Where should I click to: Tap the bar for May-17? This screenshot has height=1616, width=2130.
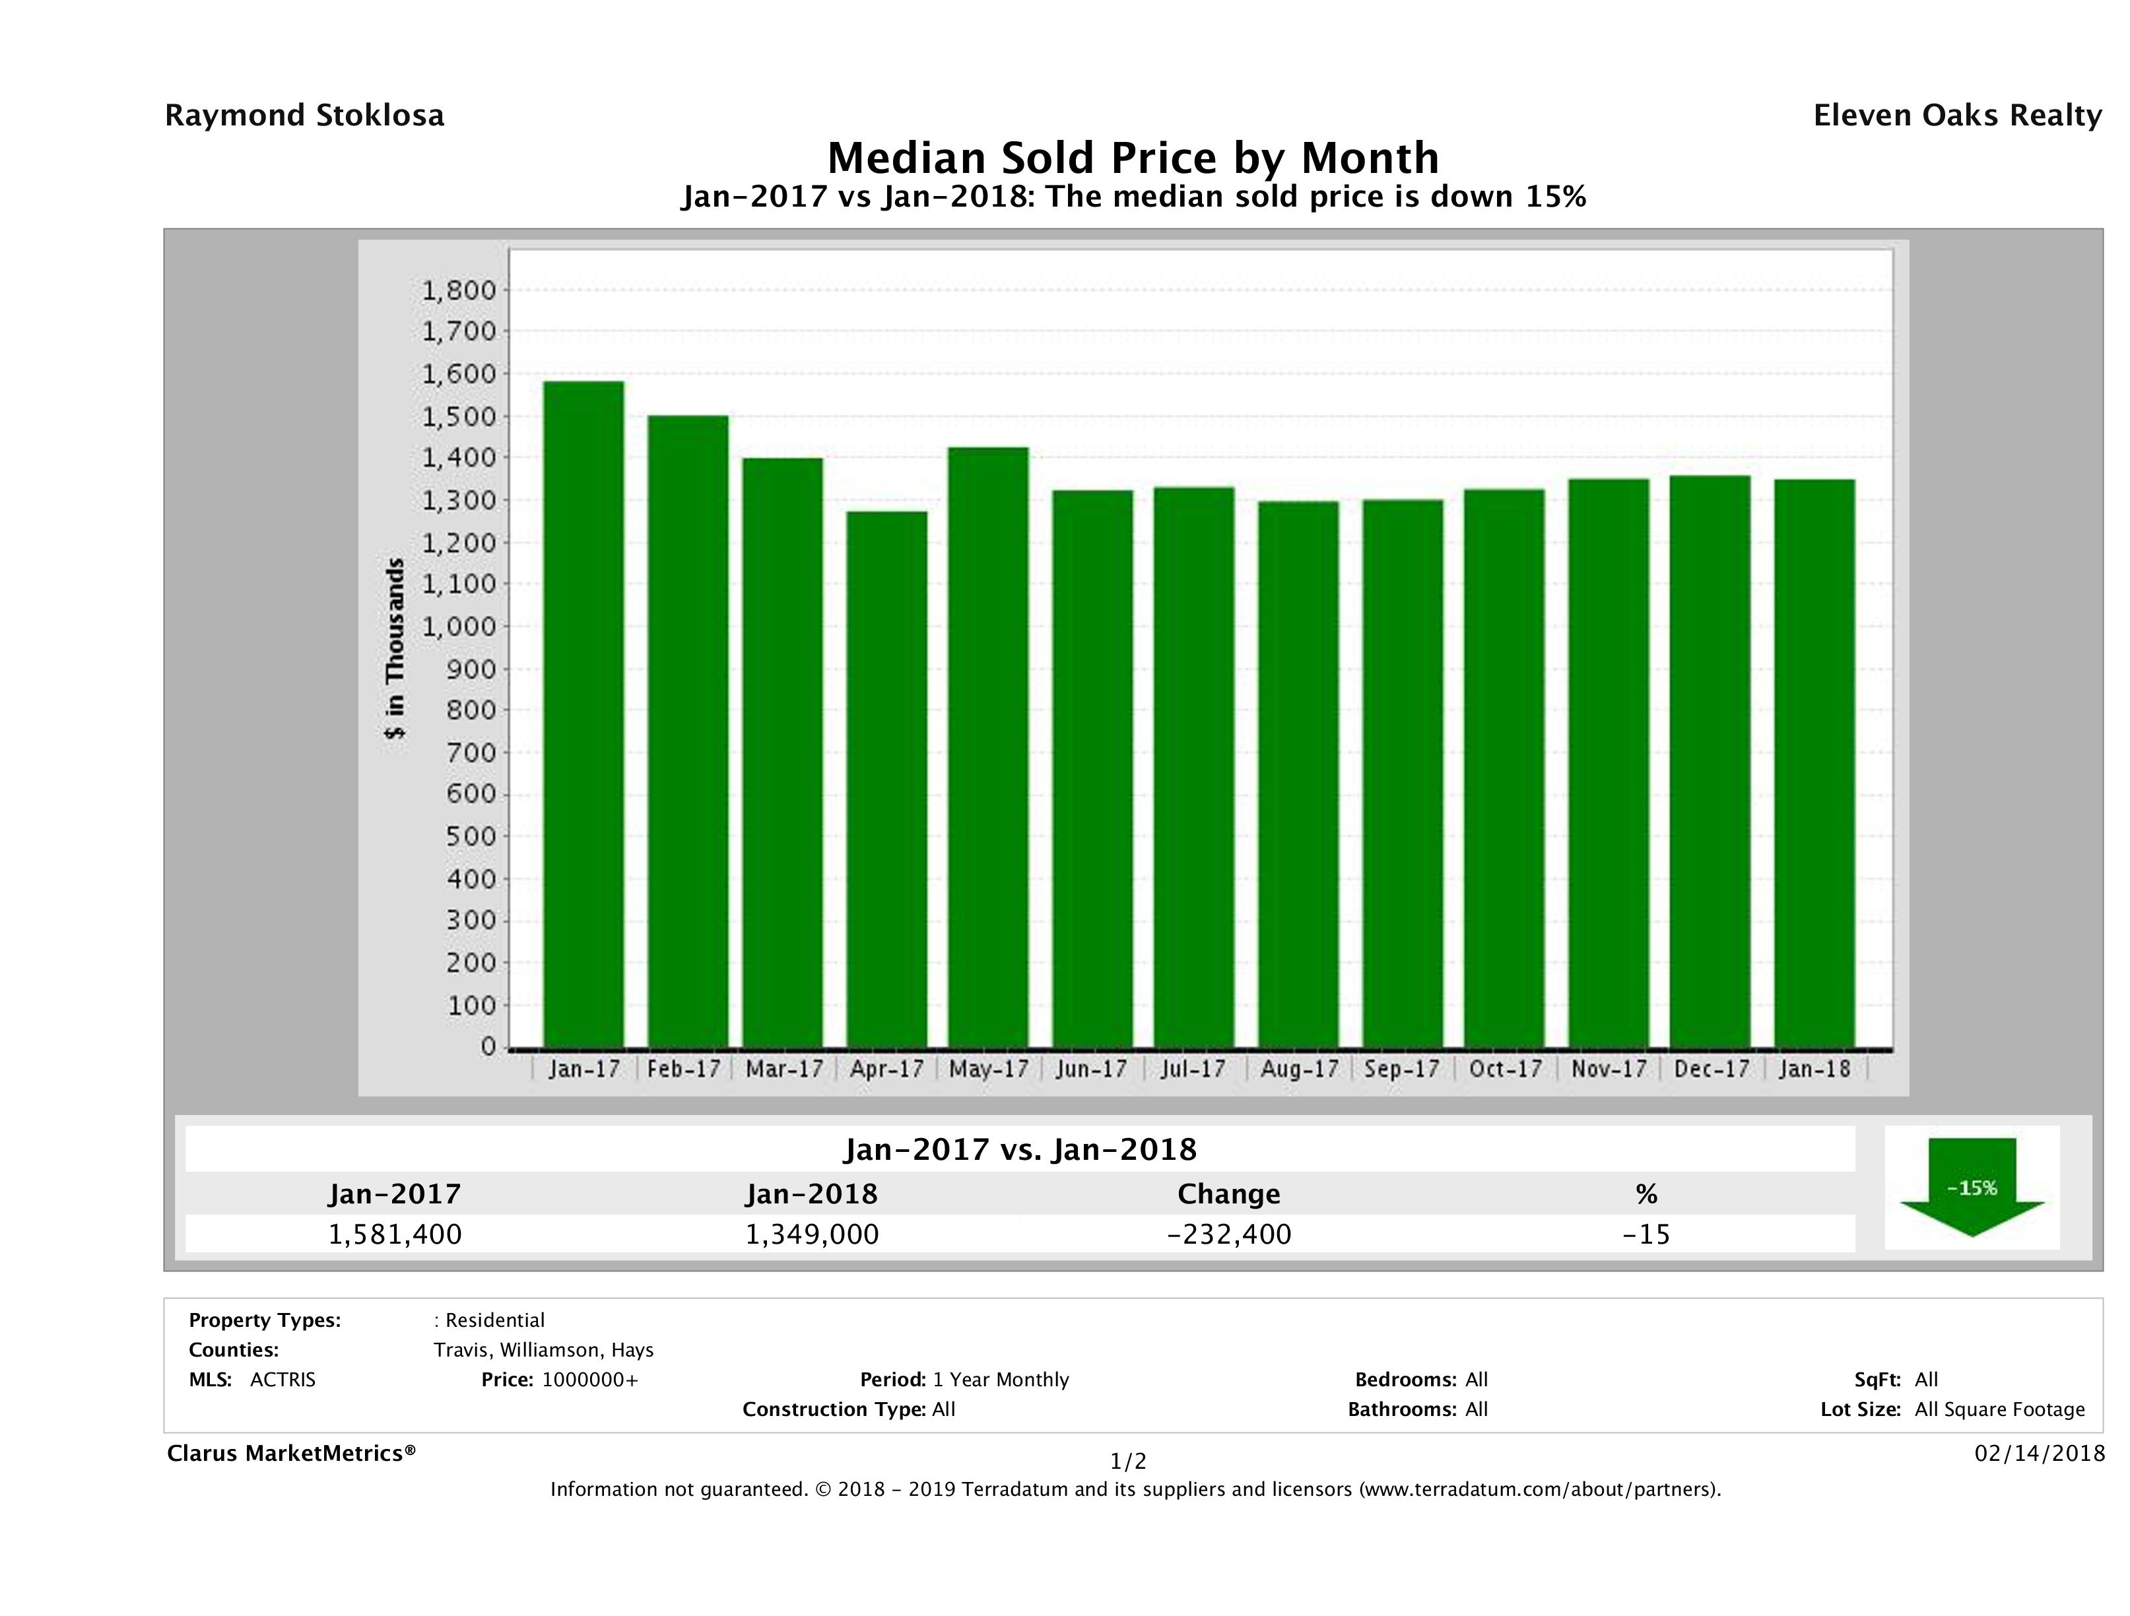tap(988, 747)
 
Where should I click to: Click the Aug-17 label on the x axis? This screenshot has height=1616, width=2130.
tap(1299, 1069)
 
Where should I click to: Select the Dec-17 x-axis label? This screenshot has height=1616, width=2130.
tap(1711, 1069)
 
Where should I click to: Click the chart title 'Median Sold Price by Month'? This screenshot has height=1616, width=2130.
tap(1133, 158)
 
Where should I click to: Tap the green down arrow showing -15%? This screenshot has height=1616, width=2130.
tap(1971, 1186)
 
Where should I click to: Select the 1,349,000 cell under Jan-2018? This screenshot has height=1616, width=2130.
tap(812, 1234)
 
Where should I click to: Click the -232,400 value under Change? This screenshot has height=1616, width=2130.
tap(1229, 1234)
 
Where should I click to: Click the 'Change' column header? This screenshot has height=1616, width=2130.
tap(1229, 1194)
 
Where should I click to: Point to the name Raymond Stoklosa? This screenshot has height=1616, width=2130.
tap(304, 116)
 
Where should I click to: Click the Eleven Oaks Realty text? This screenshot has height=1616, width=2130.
tap(1956, 116)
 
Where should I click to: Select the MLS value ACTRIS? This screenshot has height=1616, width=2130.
tap(282, 1380)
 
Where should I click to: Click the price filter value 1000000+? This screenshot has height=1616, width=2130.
tap(589, 1380)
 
